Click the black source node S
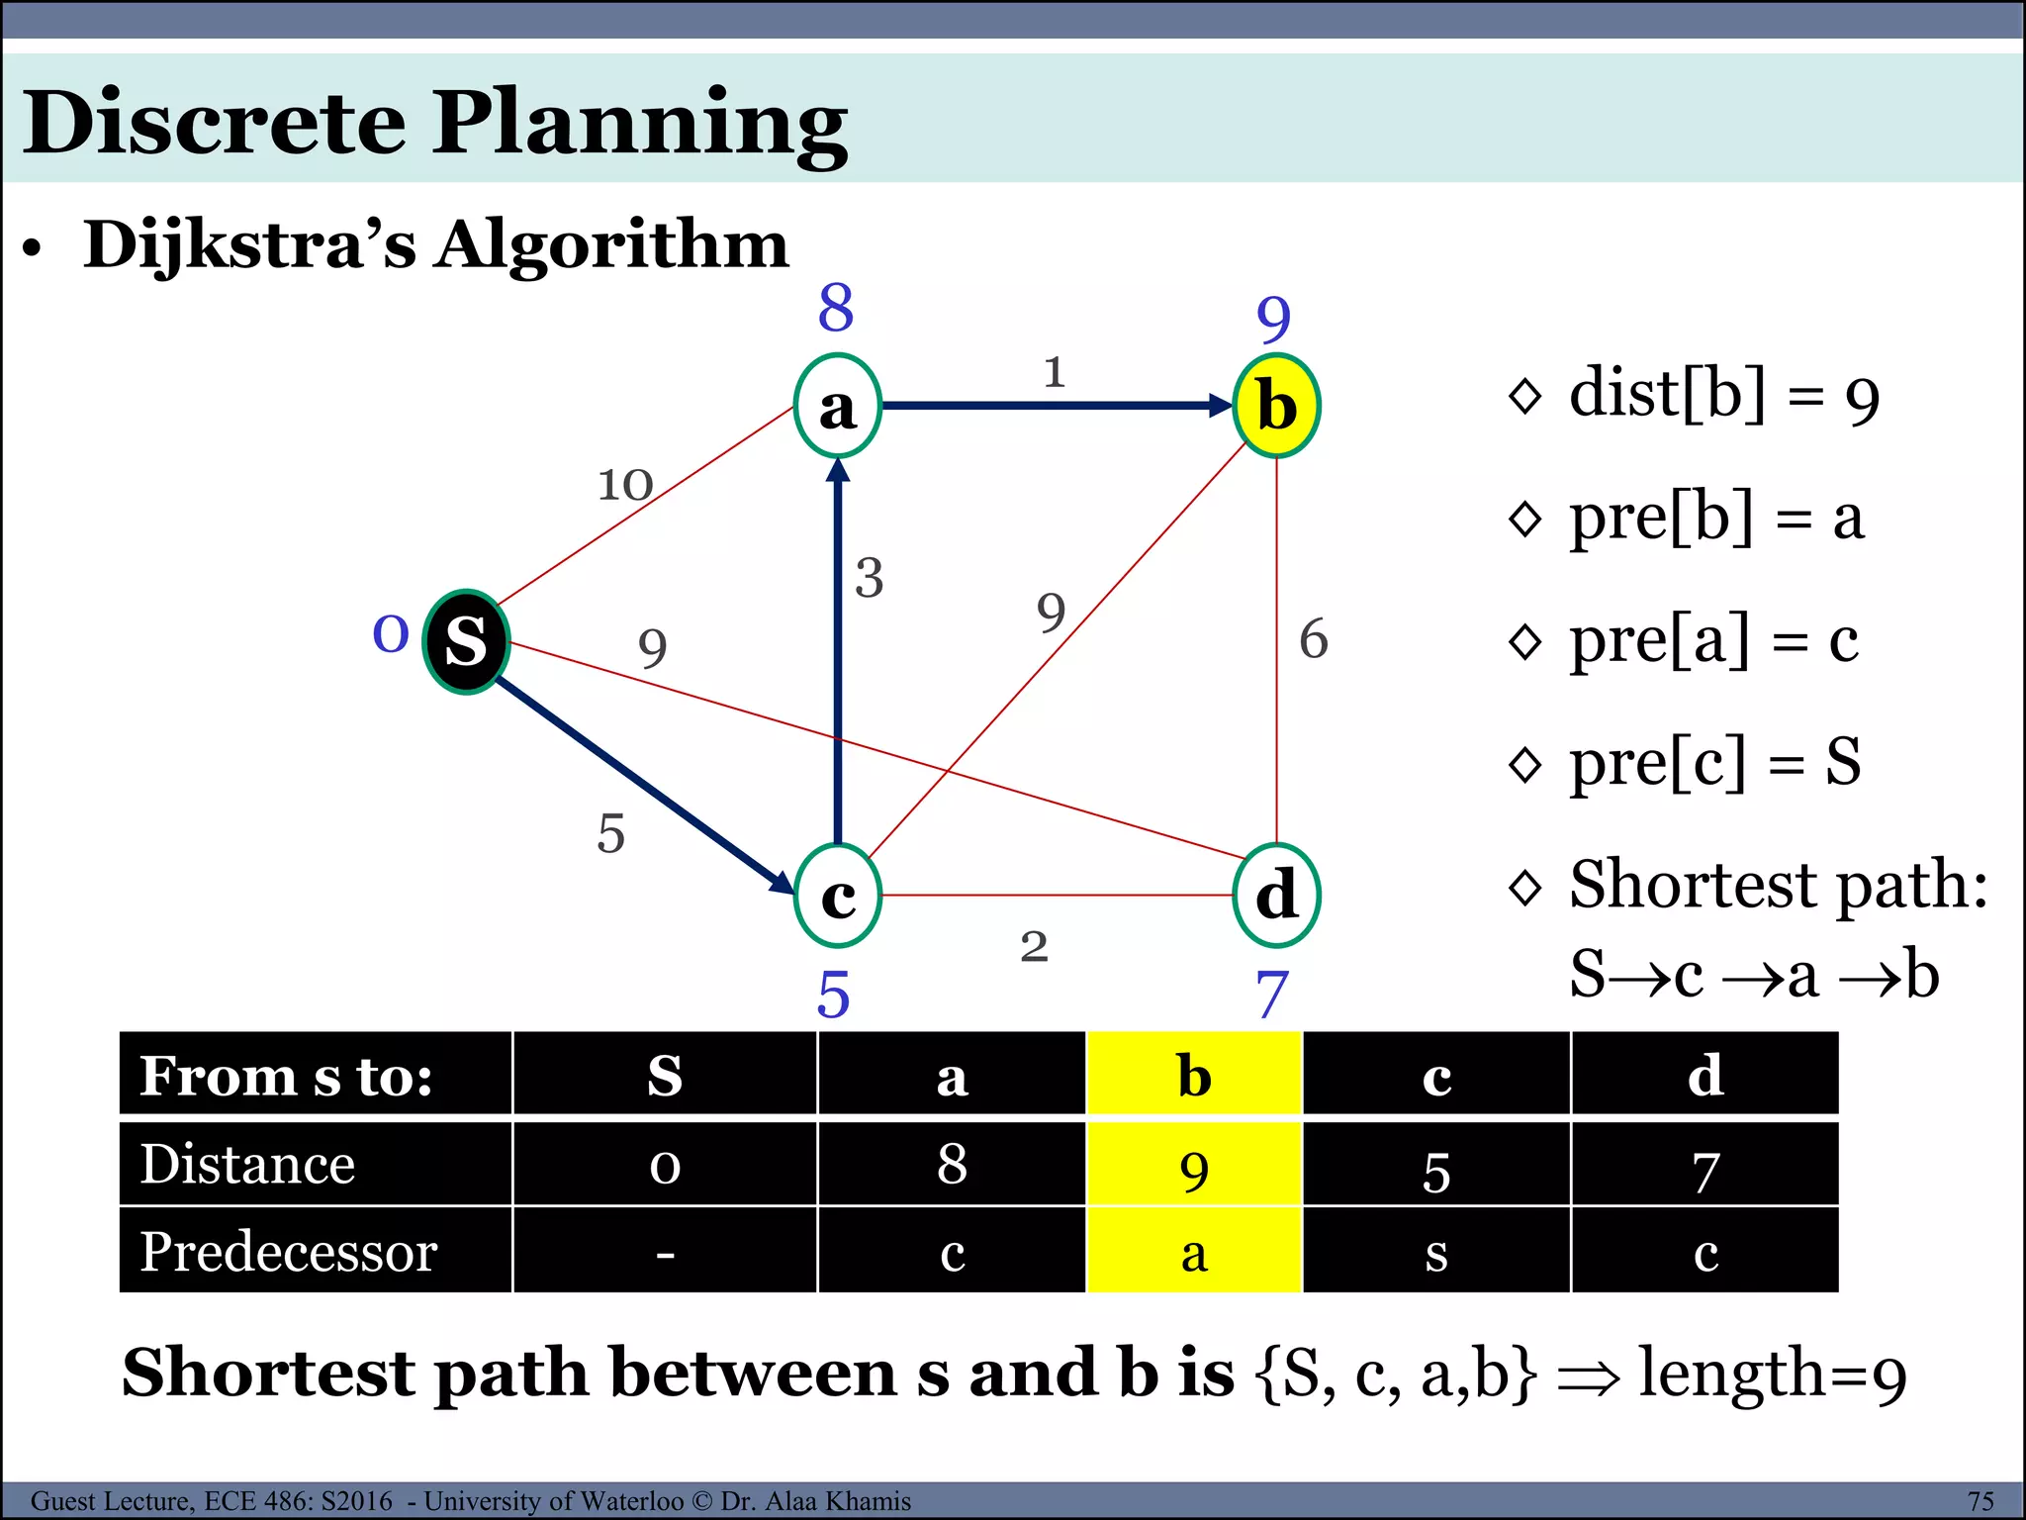pyautogui.click(x=466, y=641)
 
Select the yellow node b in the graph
pyautogui.click(x=1276, y=406)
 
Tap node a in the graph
pyautogui.click(x=838, y=406)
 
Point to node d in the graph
pyautogui.click(x=1276, y=895)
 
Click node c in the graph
pyautogui.click(x=838, y=895)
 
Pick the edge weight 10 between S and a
pyautogui.click(x=625, y=485)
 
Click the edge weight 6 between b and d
pyautogui.click(x=1313, y=638)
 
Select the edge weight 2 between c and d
pyautogui.click(x=1034, y=947)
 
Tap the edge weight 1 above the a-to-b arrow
pyautogui.click(x=1055, y=372)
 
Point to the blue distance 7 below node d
pyautogui.click(x=1272, y=995)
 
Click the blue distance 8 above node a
pyautogui.click(x=836, y=308)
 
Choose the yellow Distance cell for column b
pyautogui.click(x=1194, y=1165)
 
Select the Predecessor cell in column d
pyautogui.click(x=1704, y=1252)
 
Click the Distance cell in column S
pyautogui.click(x=665, y=1165)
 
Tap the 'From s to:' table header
pyautogui.click(x=287, y=1076)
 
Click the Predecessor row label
pyautogui.click(x=289, y=1252)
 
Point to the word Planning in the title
pyautogui.click(x=640, y=124)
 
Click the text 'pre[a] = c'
pyautogui.click(x=1713, y=639)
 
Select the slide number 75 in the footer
pyautogui.click(x=1980, y=1501)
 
